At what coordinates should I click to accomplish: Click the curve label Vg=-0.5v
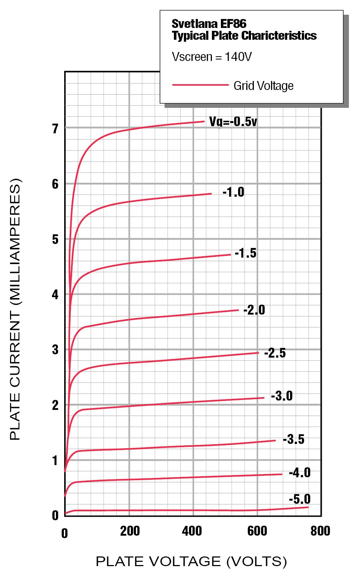pyautogui.click(x=233, y=122)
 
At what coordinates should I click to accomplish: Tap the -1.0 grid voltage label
pyautogui.click(x=233, y=192)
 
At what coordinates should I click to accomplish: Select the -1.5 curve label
pyautogui.click(x=246, y=253)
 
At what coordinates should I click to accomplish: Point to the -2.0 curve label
pyautogui.click(x=254, y=310)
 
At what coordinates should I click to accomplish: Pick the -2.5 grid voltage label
pyautogui.click(x=275, y=353)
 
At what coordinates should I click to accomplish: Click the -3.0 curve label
pyautogui.click(x=282, y=396)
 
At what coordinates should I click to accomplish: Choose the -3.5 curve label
pyautogui.click(x=293, y=439)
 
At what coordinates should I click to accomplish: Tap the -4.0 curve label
pyautogui.click(x=300, y=473)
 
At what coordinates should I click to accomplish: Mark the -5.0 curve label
pyautogui.click(x=300, y=499)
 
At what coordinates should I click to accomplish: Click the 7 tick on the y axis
pyautogui.click(x=55, y=129)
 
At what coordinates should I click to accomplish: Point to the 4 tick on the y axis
pyautogui.click(x=55, y=295)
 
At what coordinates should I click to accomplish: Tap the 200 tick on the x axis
pyautogui.click(x=130, y=531)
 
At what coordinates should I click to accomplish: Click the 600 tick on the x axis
pyautogui.click(x=257, y=531)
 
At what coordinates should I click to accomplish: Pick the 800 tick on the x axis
pyautogui.click(x=320, y=531)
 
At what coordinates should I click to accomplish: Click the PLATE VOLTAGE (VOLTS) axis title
pyautogui.click(x=191, y=561)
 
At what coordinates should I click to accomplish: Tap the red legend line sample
pyautogui.click(x=200, y=85)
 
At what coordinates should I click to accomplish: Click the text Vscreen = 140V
pyautogui.click(x=212, y=57)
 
